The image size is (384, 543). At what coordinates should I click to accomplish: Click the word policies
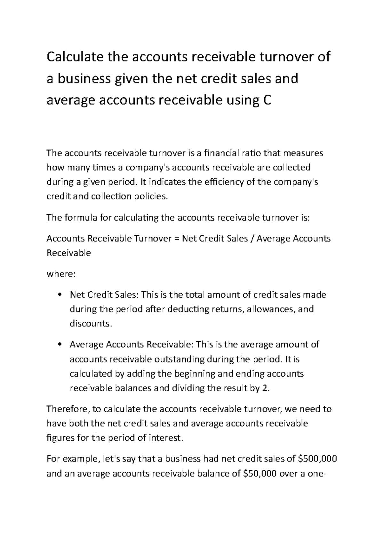pyautogui.click(x=152, y=196)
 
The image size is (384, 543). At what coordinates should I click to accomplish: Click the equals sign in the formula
pyautogui.click(x=176, y=239)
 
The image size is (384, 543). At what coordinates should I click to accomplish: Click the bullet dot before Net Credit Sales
pyautogui.click(x=60, y=295)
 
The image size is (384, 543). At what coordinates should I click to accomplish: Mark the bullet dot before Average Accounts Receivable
pyautogui.click(x=60, y=345)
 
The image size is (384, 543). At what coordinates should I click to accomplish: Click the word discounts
pyautogui.click(x=91, y=324)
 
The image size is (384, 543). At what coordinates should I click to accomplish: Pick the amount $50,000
pyautogui.click(x=260, y=473)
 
